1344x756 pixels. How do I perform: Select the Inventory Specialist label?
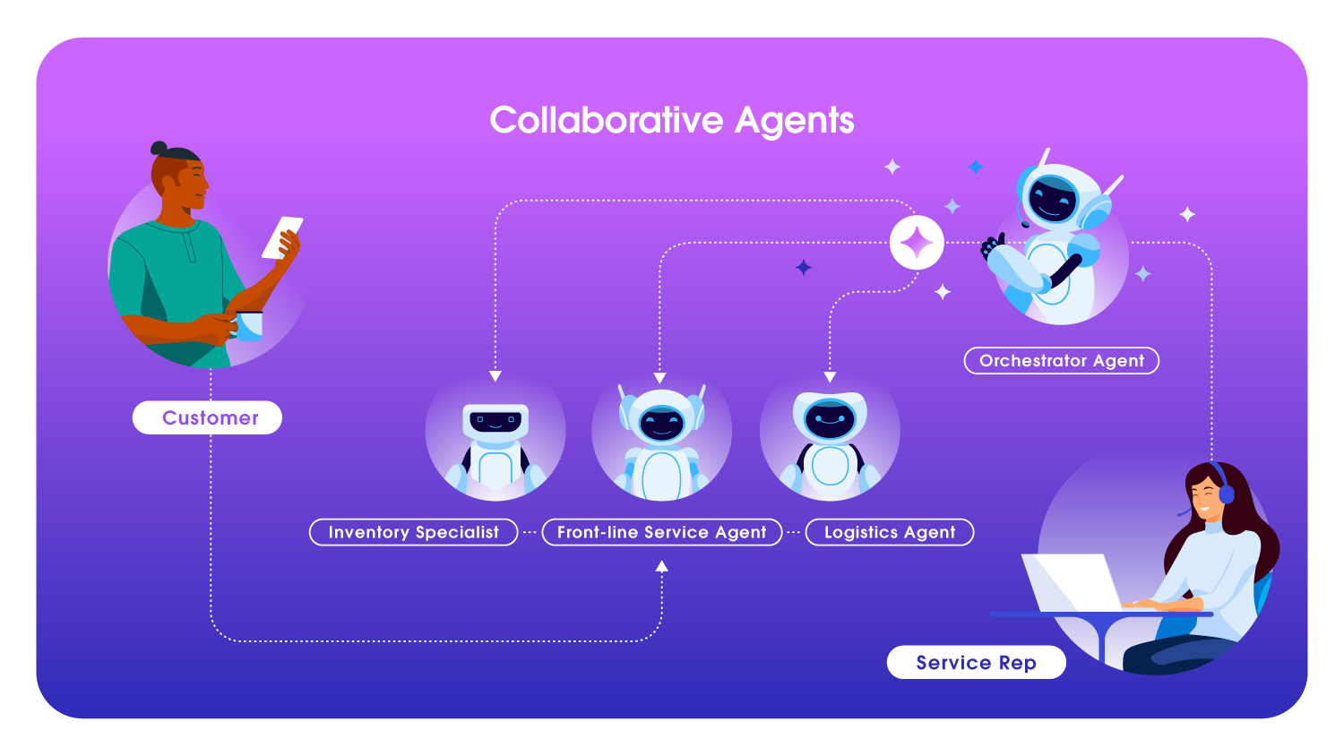pyautogui.click(x=413, y=532)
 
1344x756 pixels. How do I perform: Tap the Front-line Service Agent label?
pyautogui.click(x=661, y=532)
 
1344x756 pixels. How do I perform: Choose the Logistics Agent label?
pyautogui.click(x=889, y=532)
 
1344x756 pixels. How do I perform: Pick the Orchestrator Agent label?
pyautogui.click(x=1061, y=361)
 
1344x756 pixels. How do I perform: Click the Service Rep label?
pyautogui.click(x=976, y=663)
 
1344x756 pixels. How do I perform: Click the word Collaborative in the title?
pyautogui.click(x=606, y=121)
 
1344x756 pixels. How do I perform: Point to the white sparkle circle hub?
pyautogui.click(x=917, y=243)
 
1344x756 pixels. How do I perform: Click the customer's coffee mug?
pyautogui.click(x=249, y=325)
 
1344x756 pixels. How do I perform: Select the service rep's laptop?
pyautogui.click(x=1072, y=582)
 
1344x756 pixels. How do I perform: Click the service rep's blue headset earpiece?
pyautogui.click(x=1226, y=494)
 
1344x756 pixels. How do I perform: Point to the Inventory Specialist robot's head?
pyautogui.click(x=495, y=420)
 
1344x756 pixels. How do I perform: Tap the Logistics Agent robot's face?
pyautogui.click(x=830, y=419)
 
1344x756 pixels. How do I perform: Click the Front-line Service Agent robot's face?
pyautogui.click(x=662, y=422)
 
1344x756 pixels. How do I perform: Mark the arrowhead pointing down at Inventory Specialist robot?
pyautogui.click(x=495, y=376)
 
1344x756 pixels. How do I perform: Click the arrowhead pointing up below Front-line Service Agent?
pyautogui.click(x=661, y=566)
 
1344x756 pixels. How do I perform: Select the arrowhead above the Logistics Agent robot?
pyautogui.click(x=830, y=377)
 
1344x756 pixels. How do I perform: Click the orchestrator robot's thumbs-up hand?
pyautogui.click(x=991, y=245)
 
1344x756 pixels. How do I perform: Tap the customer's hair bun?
pyautogui.click(x=159, y=148)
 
